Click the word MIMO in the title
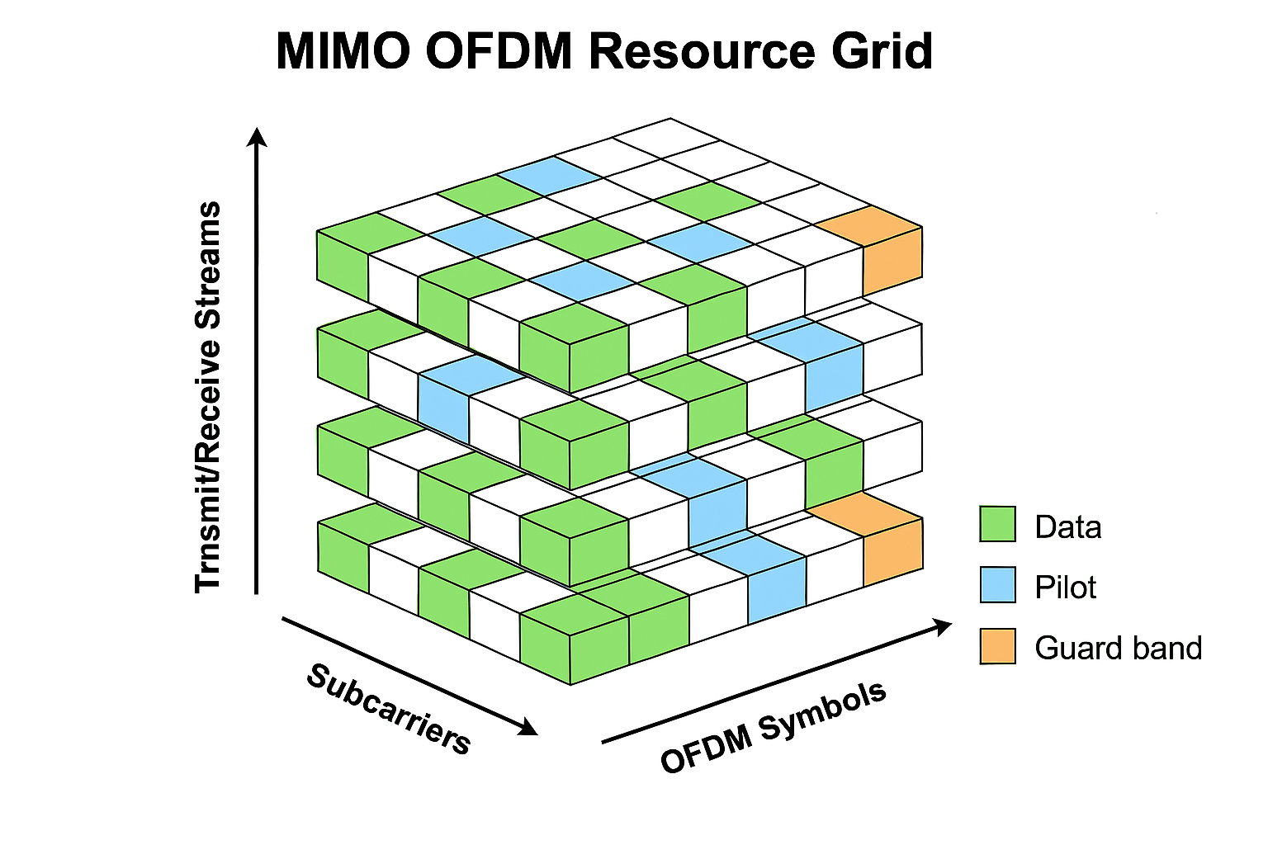[343, 51]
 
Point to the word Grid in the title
[882, 51]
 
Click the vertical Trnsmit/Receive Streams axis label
[208, 396]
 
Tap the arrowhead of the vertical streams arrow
[258, 136]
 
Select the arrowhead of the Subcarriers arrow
[527, 727]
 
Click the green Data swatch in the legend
[997, 524]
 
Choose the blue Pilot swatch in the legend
[997, 585]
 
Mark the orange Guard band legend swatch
[997, 646]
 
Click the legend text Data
[1067, 527]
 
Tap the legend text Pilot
[1065, 588]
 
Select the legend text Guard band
[1118, 649]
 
